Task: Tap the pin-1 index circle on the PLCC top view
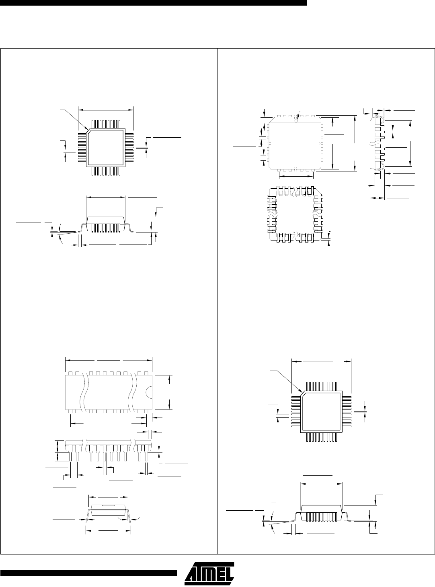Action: (x=296, y=120)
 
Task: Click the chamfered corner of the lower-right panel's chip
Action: (x=302, y=392)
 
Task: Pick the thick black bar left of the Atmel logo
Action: (x=88, y=573)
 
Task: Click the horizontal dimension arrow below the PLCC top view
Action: (x=296, y=176)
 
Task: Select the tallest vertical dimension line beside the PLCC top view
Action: (x=355, y=143)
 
